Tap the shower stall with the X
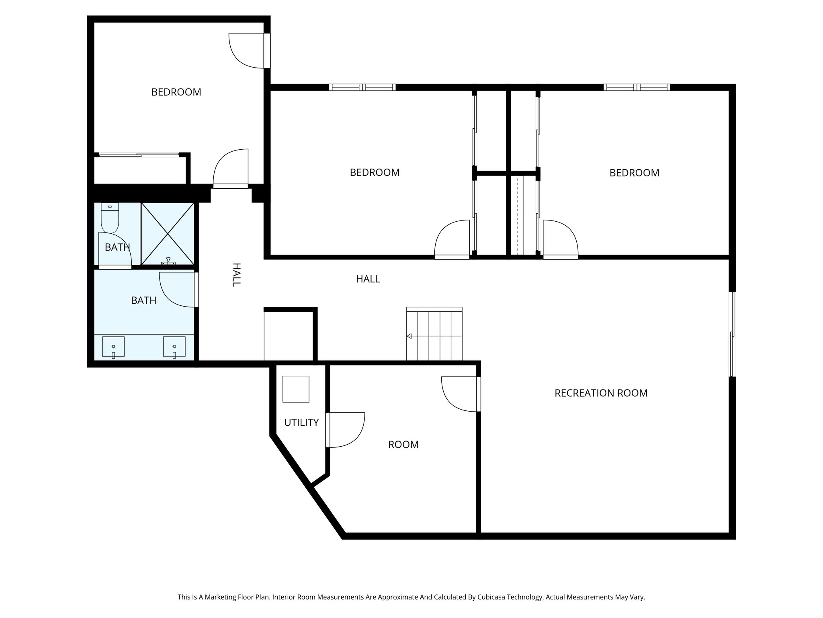167,233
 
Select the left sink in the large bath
113,347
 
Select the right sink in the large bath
174,347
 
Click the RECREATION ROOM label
601,393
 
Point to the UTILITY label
301,422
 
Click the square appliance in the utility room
296,389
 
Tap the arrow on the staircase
409,336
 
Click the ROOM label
403,445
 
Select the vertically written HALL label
236,274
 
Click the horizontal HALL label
368,279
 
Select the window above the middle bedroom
362,87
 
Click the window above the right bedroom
637,87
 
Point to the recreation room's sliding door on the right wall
733,334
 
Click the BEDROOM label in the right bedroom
634,173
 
